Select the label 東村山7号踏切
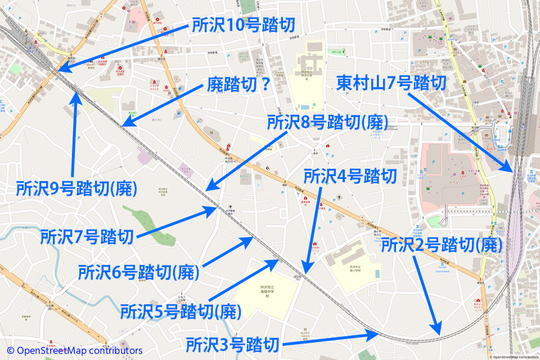point(391,83)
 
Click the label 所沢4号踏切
point(349,176)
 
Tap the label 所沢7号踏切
point(87,236)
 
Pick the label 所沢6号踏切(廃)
point(139,272)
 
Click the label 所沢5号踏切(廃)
point(181,310)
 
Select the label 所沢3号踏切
point(233,343)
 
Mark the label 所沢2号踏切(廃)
point(441,245)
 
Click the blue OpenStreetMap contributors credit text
point(75,350)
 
